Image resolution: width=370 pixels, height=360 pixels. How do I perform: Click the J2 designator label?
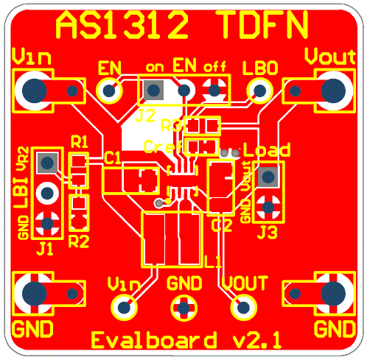click(145, 116)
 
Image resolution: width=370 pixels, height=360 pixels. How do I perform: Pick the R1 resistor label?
click(78, 141)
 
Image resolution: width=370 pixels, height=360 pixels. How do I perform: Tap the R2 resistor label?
click(78, 239)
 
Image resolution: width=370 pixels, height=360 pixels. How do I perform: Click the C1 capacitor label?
click(112, 156)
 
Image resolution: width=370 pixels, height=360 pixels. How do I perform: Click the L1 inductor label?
click(213, 261)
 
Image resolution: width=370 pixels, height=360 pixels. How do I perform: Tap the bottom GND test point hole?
click(182, 306)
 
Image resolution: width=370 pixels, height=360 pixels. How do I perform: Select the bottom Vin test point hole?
click(122, 306)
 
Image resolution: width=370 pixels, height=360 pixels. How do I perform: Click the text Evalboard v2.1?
click(185, 341)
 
